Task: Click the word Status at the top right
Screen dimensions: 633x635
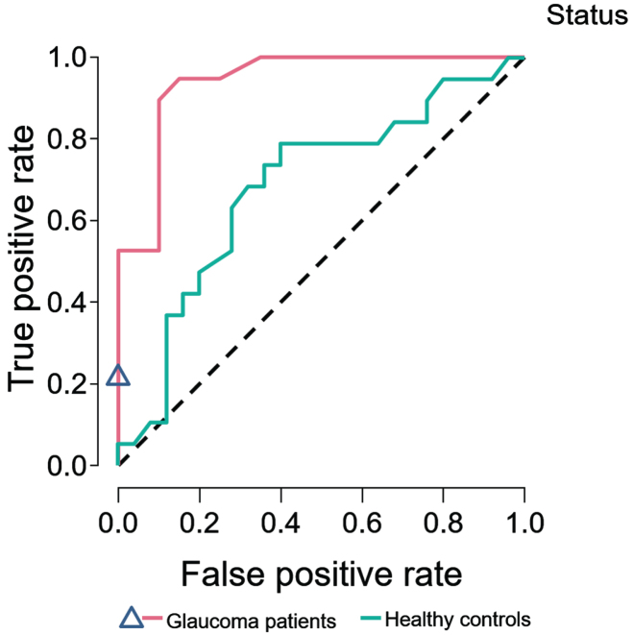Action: point(587,15)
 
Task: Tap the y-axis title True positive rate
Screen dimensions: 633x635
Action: point(21,258)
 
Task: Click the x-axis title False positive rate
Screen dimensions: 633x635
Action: point(321,574)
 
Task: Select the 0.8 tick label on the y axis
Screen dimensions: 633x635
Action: point(67,139)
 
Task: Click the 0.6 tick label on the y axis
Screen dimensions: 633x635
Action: point(67,221)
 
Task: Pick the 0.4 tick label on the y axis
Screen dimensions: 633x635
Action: point(67,302)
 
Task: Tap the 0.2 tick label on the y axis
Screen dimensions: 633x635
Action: point(67,384)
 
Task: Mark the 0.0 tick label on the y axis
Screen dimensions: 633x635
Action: point(67,466)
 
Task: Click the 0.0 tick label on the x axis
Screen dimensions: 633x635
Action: point(118,523)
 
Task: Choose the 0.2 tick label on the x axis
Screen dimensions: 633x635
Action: point(199,523)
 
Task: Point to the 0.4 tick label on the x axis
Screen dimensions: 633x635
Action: point(280,523)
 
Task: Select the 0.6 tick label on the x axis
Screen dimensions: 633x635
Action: point(362,523)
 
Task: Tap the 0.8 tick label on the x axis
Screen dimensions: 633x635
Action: point(443,523)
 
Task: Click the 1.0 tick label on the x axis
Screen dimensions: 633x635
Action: point(524,523)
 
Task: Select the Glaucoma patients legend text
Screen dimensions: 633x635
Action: point(251,621)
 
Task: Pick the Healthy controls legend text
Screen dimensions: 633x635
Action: point(457,620)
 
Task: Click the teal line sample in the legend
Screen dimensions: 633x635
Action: point(370,619)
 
